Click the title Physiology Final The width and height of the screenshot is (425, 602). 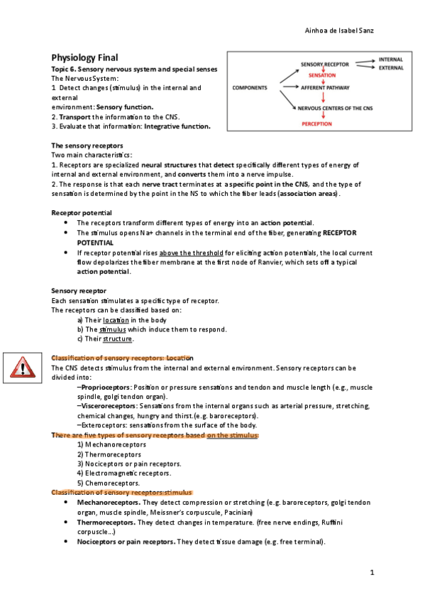click(84, 57)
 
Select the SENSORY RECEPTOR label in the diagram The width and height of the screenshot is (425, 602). click(325, 65)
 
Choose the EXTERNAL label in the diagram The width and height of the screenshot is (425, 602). click(392, 69)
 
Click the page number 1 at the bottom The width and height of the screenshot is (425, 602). click(371, 572)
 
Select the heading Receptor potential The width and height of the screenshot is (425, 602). click(82, 212)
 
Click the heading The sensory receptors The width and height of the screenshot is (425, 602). click(86, 145)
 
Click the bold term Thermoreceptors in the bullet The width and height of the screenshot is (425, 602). click(106, 522)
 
